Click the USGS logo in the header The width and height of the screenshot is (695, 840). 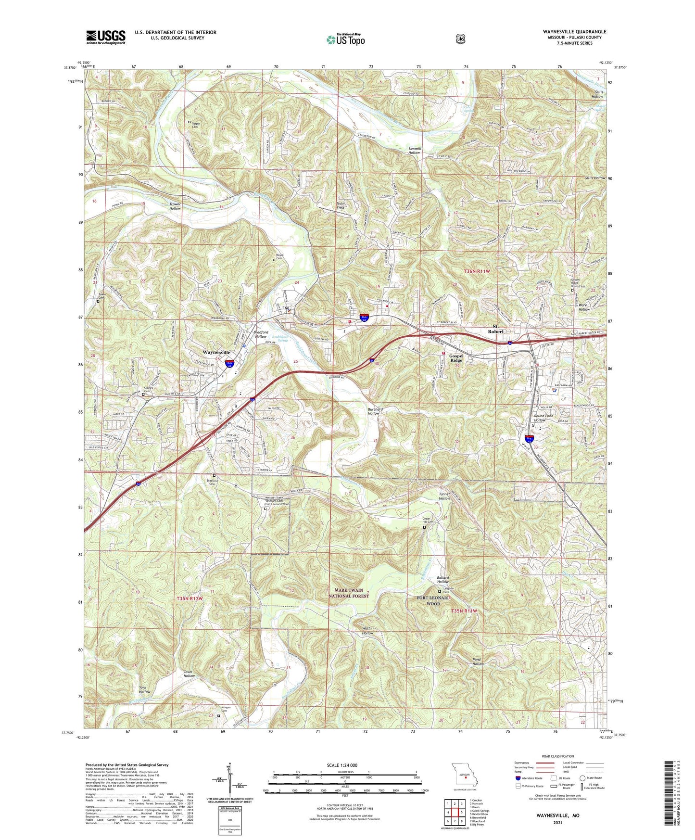(105, 37)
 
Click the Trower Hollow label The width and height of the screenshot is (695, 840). (175, 206)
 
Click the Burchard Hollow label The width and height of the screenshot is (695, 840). (375, 411)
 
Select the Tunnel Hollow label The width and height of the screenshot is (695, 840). (444, 496)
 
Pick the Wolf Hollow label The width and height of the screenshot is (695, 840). (367, 631)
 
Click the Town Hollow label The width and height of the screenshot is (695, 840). (189, 674)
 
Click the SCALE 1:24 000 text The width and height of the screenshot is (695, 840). (342, 765)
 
